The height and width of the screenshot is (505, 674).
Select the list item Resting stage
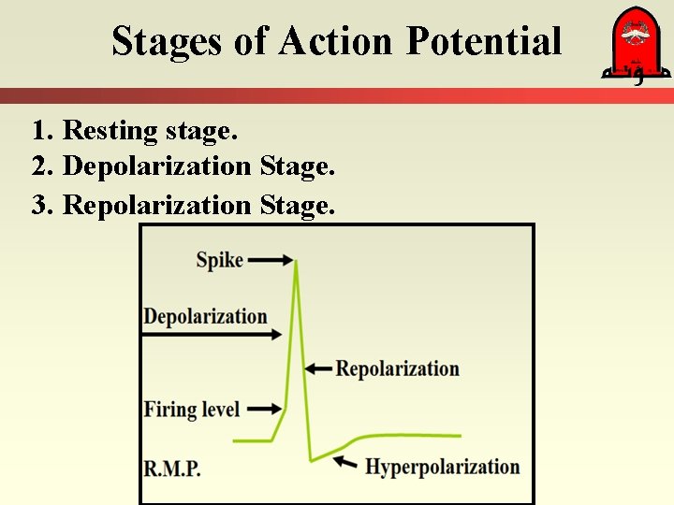pyautogui.click(x=135, y=130)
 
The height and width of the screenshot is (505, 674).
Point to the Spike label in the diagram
pyautogui.click(x=219, y=259)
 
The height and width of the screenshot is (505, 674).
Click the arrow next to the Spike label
pyautogui.click(x=271, y=262)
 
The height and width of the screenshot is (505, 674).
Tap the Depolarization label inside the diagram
pyautogui.click(x=205, y=316)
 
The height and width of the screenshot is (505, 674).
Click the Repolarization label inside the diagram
pyautogui.click(x=397, y=368)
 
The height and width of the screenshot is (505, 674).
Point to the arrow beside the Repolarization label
pyautogui.click(x=318, y=369)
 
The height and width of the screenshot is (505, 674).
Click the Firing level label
pyautogui.click(x=192, y=409)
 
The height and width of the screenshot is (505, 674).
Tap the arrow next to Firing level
pyautogui.click(x=265, y=409)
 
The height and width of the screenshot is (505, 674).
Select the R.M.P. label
pyautogui.click(x=172, y=468)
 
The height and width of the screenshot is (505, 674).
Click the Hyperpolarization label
pyautogui.click(x=442, y=466)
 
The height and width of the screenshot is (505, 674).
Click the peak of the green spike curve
pyautogui.click(x=297, y=262)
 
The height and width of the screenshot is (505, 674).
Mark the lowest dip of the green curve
pyautogui.click(x=311, y=460)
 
